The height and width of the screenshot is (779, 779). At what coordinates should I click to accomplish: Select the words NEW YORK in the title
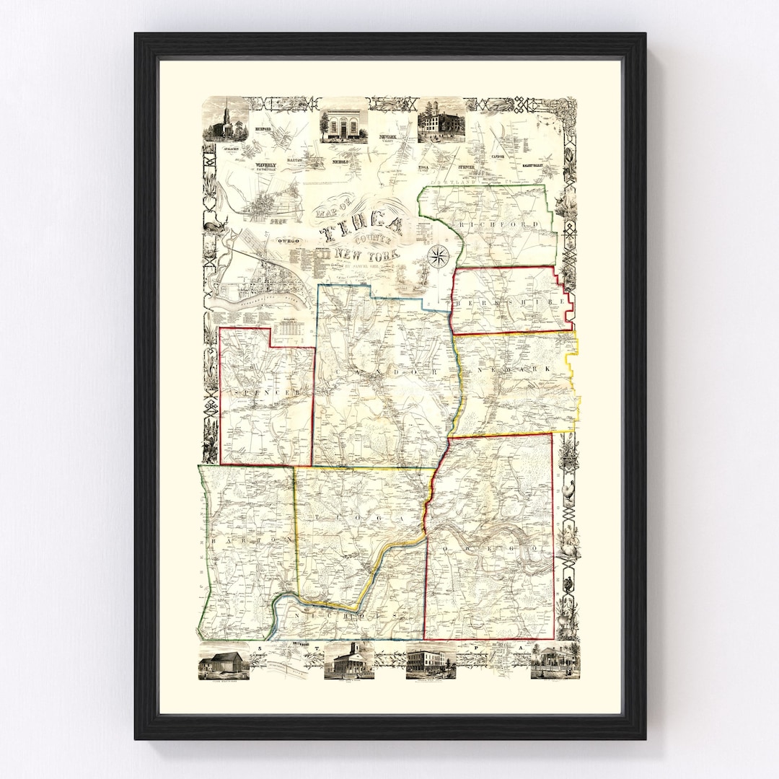(x=367, y=255)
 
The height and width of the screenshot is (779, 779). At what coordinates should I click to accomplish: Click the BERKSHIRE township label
(x=510, y=303)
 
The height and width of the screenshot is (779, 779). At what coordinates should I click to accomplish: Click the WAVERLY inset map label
(x=266, y=165)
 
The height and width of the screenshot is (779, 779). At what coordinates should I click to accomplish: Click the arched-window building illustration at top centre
(x=345, y=126)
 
